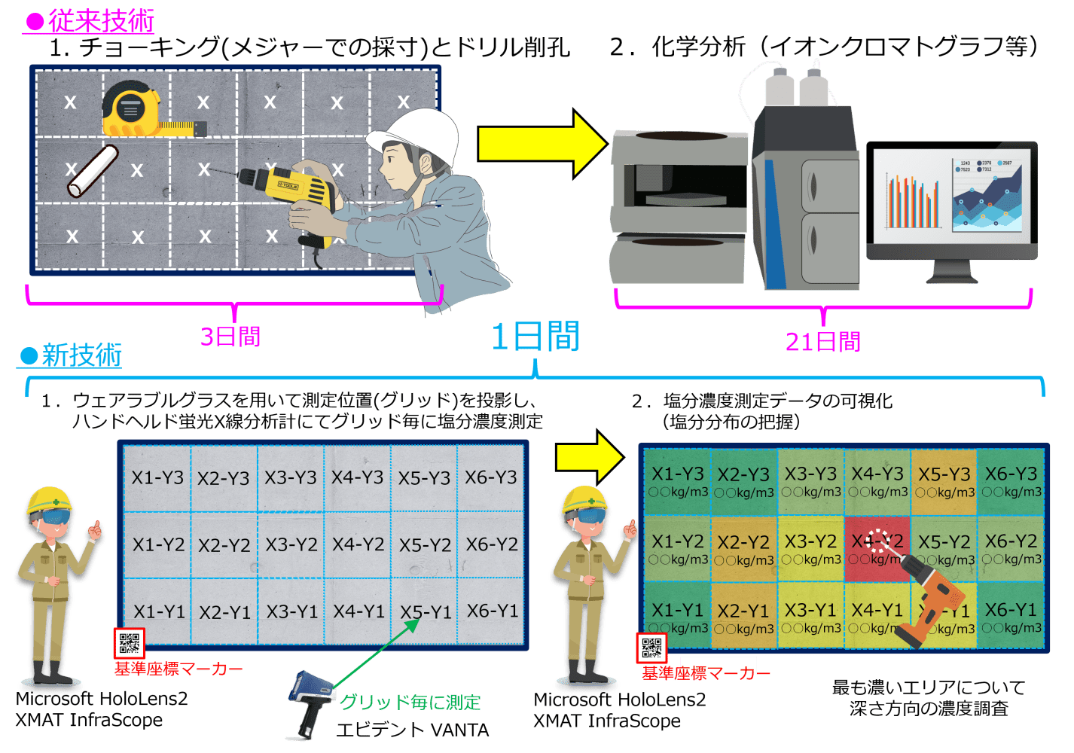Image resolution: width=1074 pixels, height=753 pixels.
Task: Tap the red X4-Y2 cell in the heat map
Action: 877,548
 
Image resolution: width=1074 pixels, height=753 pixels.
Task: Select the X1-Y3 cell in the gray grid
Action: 157,477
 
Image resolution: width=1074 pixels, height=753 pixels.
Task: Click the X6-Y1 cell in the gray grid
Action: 492,611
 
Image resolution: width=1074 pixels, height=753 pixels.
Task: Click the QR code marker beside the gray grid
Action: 129,644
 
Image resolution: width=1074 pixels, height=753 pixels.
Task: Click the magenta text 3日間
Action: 230,336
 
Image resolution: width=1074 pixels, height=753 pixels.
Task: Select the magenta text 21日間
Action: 822,343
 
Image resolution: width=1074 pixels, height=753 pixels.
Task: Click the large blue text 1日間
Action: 535,337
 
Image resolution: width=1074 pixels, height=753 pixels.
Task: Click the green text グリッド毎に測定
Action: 410,703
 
